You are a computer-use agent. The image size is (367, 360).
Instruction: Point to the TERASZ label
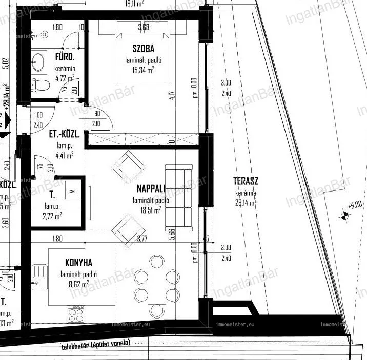246,181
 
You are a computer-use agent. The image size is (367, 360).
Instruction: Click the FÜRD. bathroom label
66,58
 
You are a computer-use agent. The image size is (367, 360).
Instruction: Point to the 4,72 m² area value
65,78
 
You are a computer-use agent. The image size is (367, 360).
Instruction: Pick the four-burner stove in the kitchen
75,310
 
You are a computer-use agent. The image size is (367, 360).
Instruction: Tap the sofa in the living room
179,197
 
